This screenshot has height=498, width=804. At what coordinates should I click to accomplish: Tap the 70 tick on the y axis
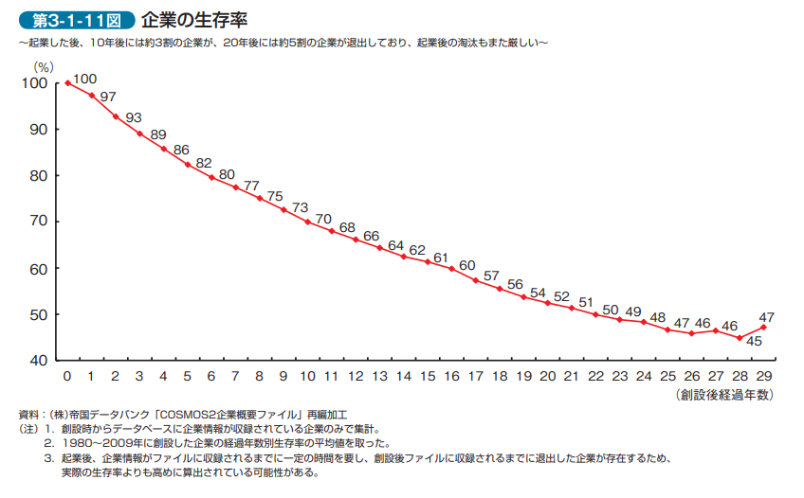(37, 222)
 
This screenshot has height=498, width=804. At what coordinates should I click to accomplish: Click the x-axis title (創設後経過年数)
(724, 394)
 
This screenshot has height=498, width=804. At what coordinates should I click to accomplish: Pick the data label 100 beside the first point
(84, 79)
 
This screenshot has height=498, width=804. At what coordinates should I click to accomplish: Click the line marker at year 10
(307, 222)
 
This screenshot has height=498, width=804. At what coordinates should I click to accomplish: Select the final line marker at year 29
(763, 328)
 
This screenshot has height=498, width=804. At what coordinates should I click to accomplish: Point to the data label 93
(133, 118)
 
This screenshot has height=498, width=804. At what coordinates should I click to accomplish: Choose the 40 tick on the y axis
(37, 361)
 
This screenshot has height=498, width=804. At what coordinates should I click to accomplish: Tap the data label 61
(441, 258)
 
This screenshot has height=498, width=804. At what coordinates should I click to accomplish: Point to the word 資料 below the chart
(29, 415)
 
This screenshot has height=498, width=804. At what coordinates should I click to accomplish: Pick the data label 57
(491, 276)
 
